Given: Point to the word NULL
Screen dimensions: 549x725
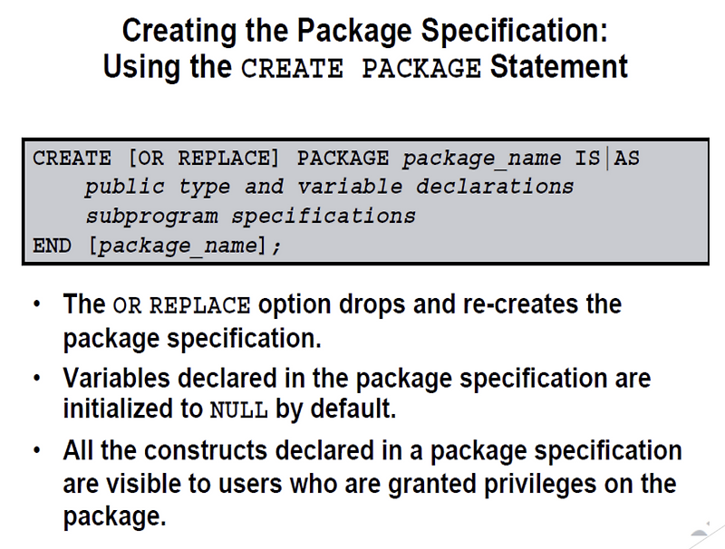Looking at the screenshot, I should pyautogui.click(x=238, y=409).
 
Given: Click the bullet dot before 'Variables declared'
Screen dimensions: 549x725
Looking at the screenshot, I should pyautogui.click(x=35, y=377).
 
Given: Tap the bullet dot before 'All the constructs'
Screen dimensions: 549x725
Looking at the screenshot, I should pyautogui.click(x=35, y=451).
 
